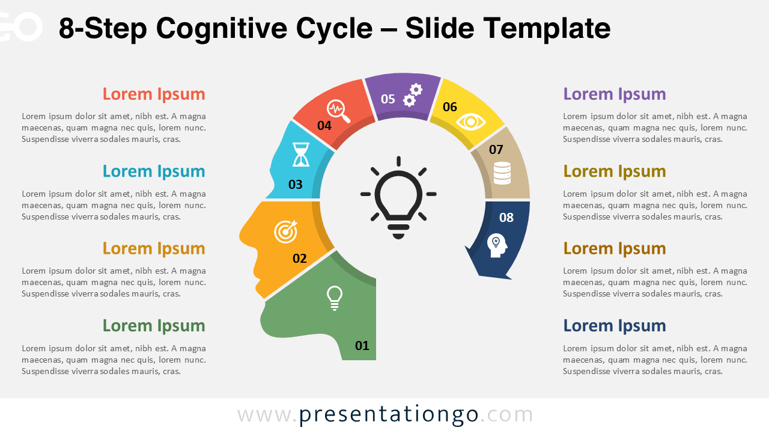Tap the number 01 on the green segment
362,345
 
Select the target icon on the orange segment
285,232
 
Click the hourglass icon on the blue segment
301,154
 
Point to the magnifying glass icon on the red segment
338,111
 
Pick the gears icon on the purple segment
412,95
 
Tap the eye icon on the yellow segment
470,122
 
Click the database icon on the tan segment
502,173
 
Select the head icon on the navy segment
497,245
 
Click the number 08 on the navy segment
506,217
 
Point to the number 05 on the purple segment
388,99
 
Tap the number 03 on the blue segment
296,185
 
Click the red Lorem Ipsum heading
154,94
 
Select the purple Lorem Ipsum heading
615,94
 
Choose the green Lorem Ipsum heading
154,325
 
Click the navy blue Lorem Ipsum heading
615,325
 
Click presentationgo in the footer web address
389,414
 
